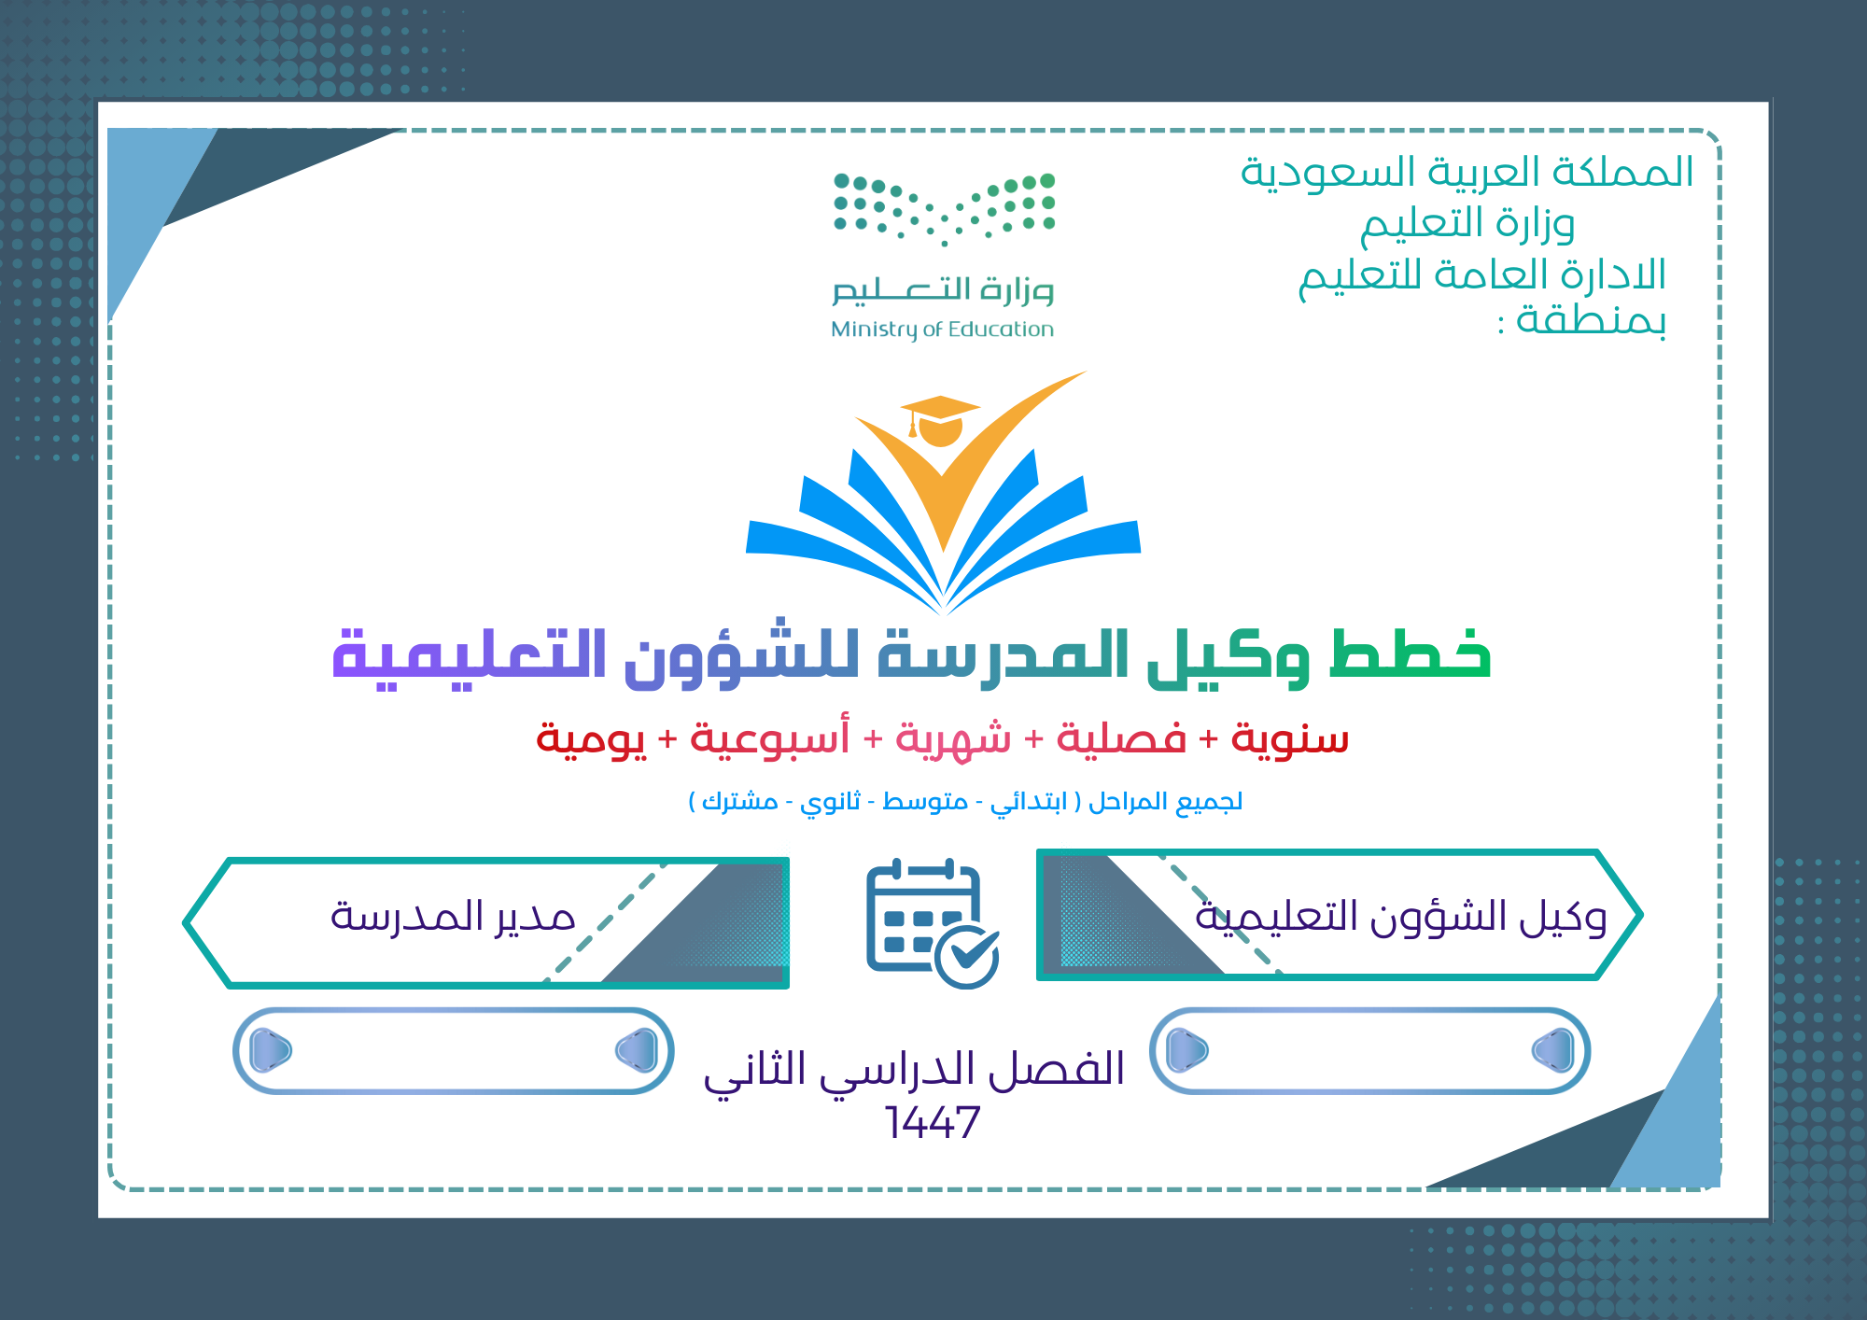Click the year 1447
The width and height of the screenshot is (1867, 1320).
pos(933,1122)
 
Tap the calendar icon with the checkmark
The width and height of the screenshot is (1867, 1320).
pos(933,923)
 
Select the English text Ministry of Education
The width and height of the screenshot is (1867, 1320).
pos(942,330)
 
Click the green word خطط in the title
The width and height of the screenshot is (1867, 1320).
pos(1410,654)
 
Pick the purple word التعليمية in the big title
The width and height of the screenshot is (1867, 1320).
pos(470,657)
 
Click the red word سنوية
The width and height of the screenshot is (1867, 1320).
pos(1289,738)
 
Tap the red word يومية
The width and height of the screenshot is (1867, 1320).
pos(590,740)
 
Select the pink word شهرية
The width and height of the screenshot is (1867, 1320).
pos(953,738)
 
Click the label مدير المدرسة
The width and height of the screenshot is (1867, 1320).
pos(453,916)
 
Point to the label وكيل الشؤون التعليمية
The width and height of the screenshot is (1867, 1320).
pos(1400,918)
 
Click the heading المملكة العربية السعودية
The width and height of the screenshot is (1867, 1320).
pos(1467,172)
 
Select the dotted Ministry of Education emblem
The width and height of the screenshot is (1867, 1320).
pos(944,208)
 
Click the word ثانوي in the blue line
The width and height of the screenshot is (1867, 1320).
pos(830,802)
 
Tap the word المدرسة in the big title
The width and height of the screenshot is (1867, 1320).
pos(1003,654)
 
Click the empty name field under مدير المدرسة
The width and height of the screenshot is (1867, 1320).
pos(454,1050)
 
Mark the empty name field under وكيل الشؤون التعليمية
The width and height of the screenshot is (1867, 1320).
pos(1370,1050)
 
